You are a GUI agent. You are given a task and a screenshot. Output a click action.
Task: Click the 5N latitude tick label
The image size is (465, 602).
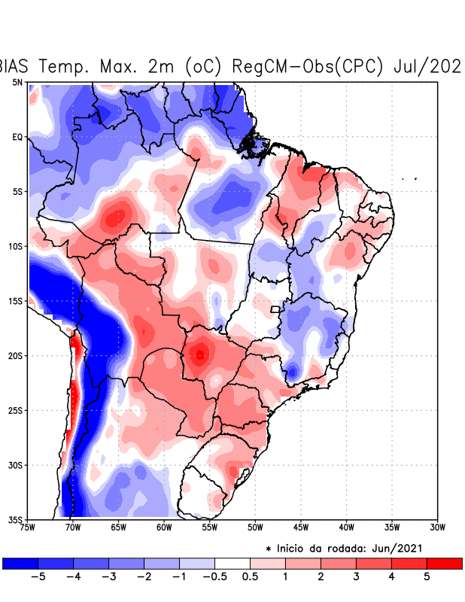[x=17, y=82]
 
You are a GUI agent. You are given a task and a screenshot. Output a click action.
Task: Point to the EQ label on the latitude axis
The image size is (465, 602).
[x=17, y=137]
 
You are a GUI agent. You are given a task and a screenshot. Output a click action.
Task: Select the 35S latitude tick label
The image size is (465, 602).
[x=15, y=520]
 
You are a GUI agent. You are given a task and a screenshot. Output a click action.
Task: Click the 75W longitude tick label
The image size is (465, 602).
[x=28, y=527]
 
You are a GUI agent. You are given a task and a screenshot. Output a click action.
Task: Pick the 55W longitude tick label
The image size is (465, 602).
[x=210, y=527]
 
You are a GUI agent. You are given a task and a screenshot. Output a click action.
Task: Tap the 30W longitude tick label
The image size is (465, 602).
[x=438, y=527]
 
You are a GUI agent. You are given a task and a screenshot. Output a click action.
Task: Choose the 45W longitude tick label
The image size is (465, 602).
[x=301, y=527]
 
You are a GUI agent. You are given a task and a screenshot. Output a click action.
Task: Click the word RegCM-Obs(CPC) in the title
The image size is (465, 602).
[x=309, y=66]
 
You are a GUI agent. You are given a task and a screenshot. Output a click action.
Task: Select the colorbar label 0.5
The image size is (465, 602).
[x=251, y=577]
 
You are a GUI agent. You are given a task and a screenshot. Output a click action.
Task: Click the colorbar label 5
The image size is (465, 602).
[x=427, y=577]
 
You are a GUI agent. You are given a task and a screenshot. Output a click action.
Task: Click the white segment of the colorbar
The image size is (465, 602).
[x=232, y=563]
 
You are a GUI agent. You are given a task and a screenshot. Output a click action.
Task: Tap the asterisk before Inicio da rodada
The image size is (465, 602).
[x=269, y=549]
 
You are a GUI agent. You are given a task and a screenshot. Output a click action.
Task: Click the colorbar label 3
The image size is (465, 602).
[x=356, y=577]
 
